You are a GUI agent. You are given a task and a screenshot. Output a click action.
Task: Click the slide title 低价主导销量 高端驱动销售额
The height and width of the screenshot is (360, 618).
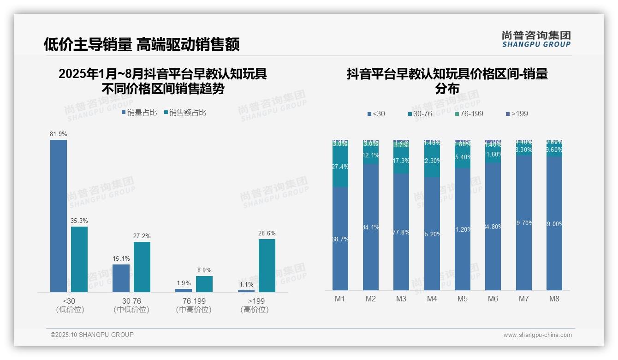(x=142, y=44)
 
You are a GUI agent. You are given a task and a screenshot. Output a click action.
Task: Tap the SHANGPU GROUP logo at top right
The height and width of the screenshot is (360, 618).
(x=536, y=39)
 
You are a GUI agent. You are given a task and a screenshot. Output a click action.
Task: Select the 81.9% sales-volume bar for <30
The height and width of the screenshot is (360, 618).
(x=59, y=216)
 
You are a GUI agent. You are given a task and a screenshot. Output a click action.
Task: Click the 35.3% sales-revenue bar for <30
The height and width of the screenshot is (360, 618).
(x=79, y=259)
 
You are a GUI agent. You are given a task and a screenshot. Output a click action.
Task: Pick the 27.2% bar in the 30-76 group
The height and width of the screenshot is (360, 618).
(x=142, y=267)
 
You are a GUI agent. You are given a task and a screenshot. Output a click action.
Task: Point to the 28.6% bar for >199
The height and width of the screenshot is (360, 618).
(x=267, y=265)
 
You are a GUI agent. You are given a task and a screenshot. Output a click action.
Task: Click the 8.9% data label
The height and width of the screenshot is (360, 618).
(x=204, y=270)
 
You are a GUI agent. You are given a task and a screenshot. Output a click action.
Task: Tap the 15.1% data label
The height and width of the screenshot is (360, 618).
(x=121, y=258)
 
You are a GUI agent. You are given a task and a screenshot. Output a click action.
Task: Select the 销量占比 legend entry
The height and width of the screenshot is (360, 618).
(x=139, y=112)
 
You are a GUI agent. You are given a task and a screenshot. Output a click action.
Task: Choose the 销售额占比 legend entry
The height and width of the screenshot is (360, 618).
(x=185, y=112)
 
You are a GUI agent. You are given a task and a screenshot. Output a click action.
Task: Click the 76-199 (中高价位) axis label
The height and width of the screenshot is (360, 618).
(x=194, y=305)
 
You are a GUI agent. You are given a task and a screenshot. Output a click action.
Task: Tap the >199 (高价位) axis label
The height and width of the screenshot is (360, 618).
(x=255, y=305)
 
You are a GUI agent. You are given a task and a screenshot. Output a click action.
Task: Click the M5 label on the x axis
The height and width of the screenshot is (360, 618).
(x=463, y=299)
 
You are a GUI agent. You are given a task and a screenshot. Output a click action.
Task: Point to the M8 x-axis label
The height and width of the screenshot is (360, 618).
(x=554, y=299)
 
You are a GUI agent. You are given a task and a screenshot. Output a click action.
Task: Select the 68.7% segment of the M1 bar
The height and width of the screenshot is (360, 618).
(x=340, y=239)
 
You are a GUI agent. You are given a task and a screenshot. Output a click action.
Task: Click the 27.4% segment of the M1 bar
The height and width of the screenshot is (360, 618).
(x=340, y=167)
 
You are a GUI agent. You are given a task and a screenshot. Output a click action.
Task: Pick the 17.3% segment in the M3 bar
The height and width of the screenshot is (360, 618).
(x=401, y=161)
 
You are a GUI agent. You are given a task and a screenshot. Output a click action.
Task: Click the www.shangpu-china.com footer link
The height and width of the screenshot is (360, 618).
(x=537, y=335)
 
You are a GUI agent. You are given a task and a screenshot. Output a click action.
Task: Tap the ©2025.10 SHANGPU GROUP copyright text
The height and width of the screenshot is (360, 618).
(x=92, y=335)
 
